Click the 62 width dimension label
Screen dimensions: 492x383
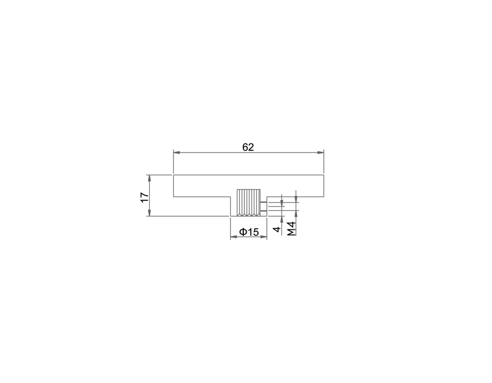point(248,147)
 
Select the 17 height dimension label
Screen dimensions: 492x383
point(144,197)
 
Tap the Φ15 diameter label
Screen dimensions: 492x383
point(249,232)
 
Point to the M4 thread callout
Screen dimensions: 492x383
point(292,229)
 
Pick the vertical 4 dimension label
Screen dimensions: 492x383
point(277,229)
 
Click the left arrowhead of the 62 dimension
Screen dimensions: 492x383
point(177,153)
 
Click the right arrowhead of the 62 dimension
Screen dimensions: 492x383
point(320,153)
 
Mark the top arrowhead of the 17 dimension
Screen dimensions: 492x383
point(149,178)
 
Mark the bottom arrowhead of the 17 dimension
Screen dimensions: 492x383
point(149,212)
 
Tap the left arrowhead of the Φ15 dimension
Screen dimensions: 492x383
point(234,237)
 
